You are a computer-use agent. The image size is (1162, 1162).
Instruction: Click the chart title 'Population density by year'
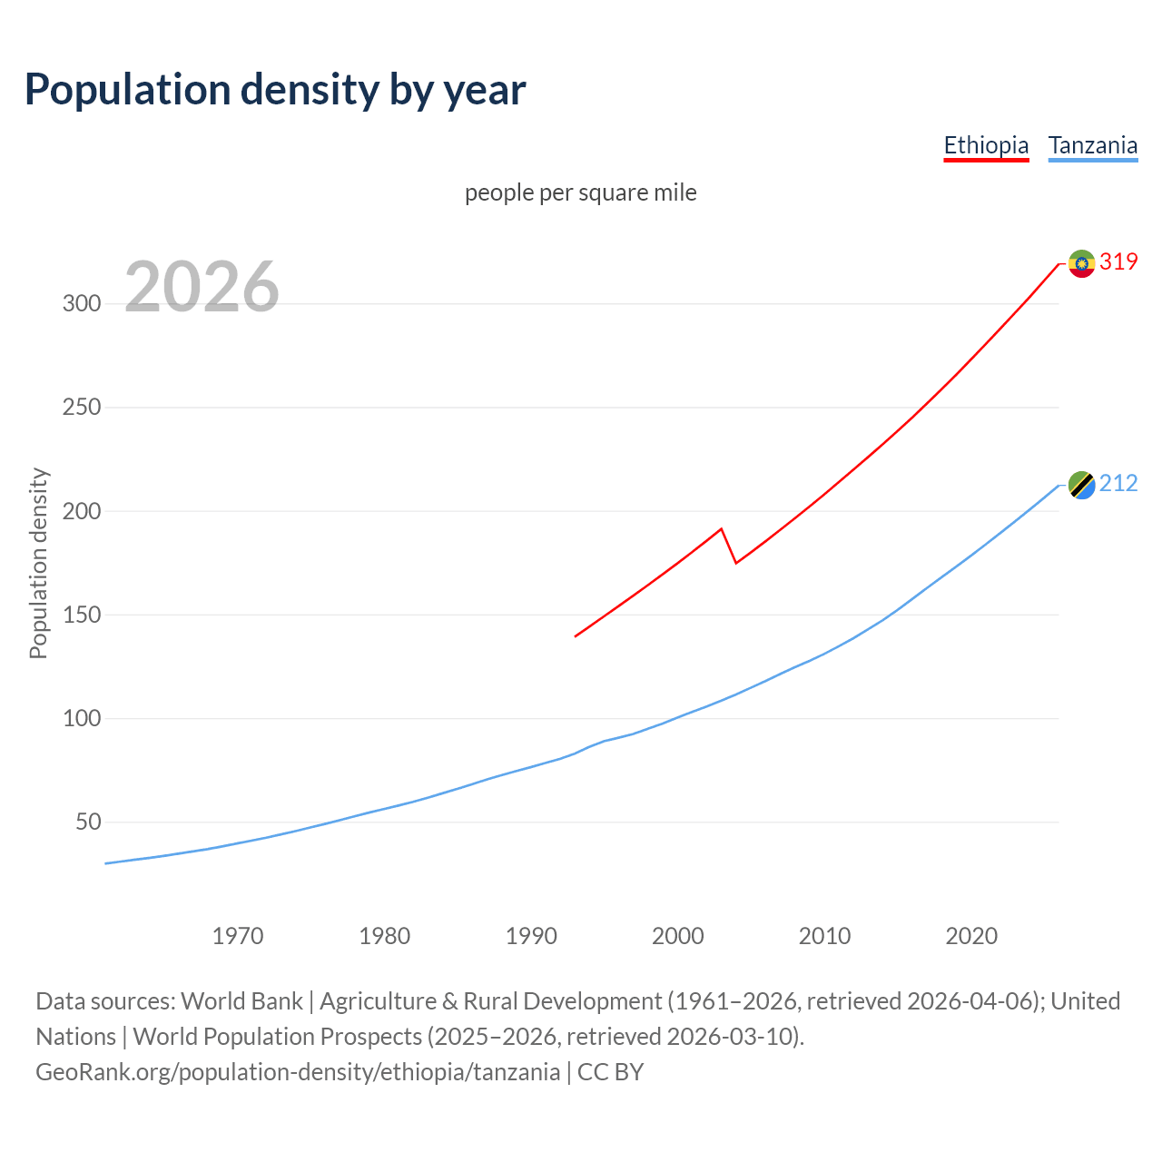(275, 89)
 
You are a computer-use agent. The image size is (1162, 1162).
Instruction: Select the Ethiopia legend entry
(986, 145)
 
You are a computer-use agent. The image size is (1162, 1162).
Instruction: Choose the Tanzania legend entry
(1092, 145)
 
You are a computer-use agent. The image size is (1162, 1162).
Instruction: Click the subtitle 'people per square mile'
(580, 192)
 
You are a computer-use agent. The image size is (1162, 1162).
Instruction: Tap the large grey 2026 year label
(202, 287)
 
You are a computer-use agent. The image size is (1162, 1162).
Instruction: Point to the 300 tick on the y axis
(82, 303)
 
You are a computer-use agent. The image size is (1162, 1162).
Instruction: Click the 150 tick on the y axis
(82, 615)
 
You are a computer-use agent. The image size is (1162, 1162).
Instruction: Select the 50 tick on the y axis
(88, 822)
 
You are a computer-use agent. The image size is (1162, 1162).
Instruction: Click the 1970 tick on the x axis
(238, 936)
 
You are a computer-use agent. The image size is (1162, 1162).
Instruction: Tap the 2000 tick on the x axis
(678, 936)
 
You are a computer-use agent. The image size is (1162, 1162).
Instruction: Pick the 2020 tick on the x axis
(971, 936)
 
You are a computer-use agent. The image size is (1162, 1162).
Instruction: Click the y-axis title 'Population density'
(38, 563)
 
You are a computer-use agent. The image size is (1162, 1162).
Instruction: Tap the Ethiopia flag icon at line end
(1081, 263)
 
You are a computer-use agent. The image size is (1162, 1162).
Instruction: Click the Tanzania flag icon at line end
(1081, 486)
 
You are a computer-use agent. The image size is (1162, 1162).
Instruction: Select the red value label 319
(1118, 261)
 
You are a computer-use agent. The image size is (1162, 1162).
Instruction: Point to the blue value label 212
(1118, 484)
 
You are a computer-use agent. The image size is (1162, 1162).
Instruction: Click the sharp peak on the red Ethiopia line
(721, 528)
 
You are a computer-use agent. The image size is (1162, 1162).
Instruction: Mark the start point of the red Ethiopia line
(576, 636)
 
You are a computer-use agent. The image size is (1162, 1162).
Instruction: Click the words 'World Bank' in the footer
(241, 1001)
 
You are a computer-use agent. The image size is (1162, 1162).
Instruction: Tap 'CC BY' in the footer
(610, 1072)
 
